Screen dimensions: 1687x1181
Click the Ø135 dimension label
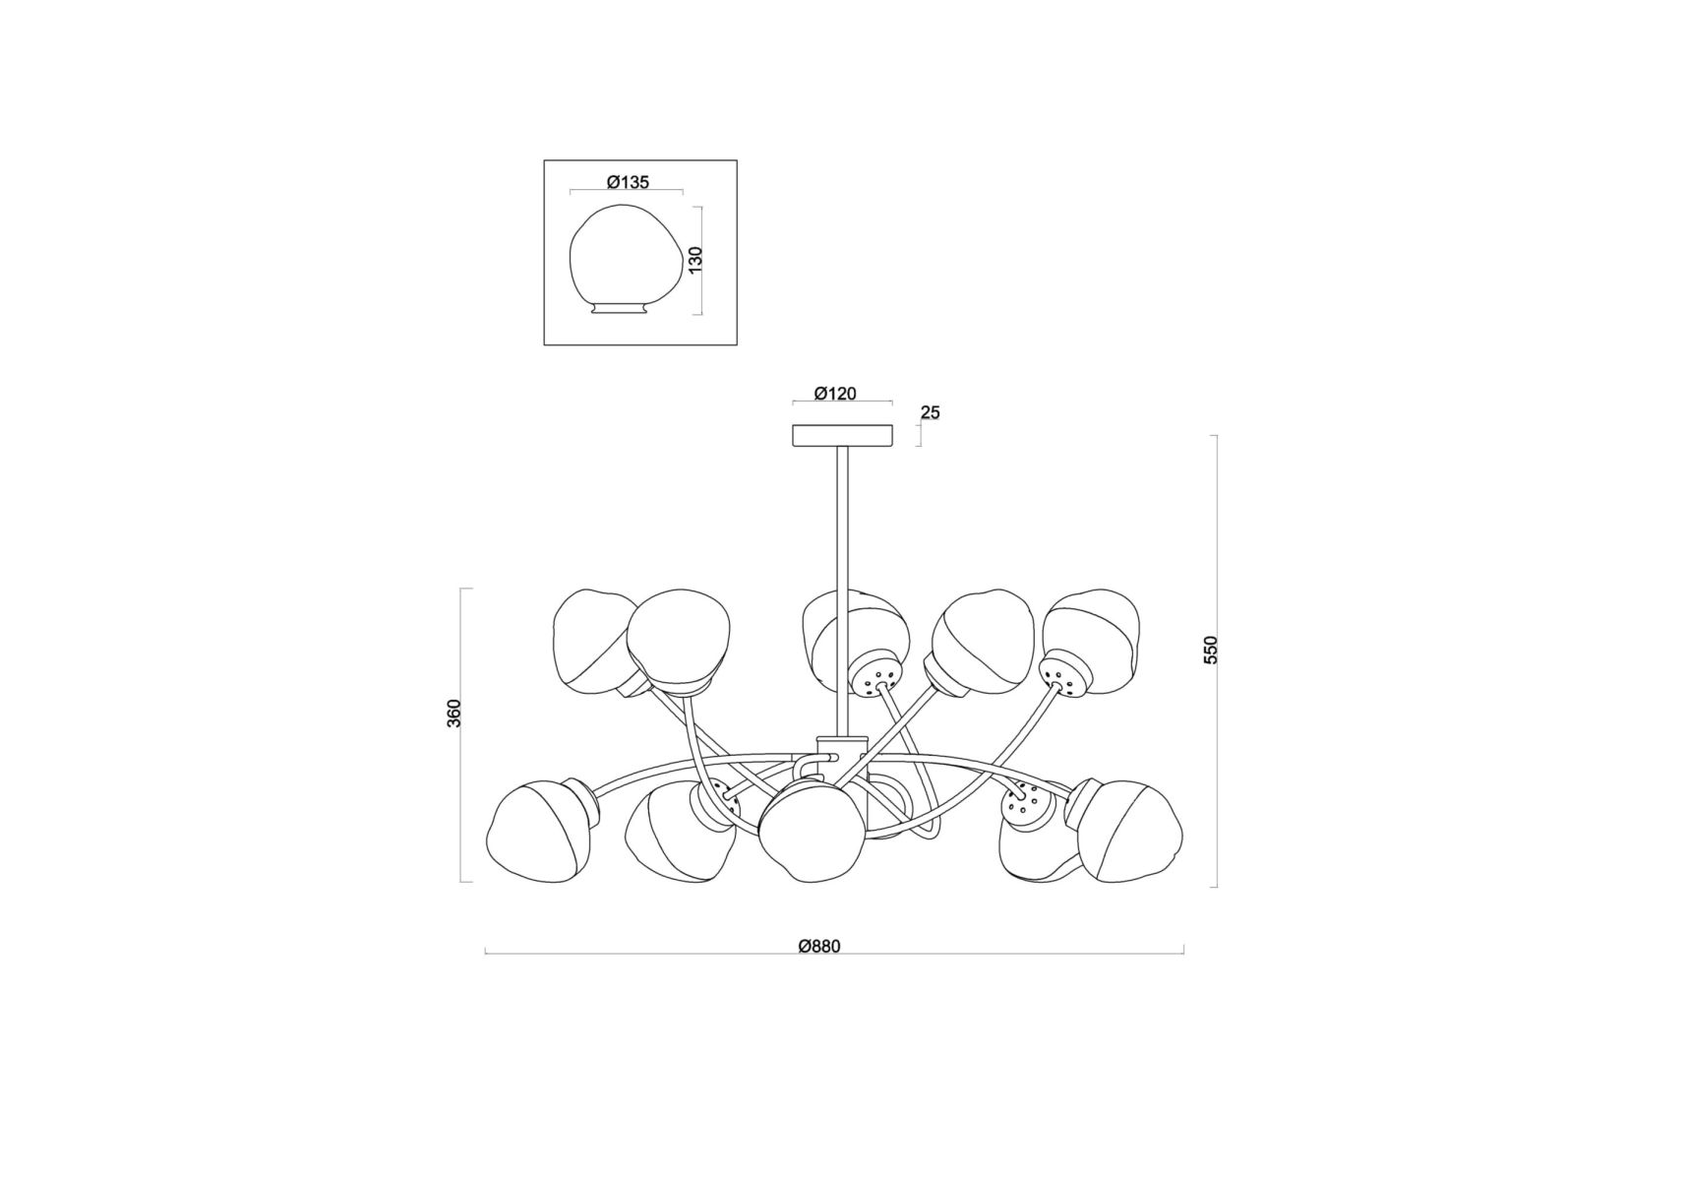[x=628, y=182]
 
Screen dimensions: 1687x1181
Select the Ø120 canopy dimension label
[x=835, y=394]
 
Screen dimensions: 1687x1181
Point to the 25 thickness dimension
[x=930, y=412]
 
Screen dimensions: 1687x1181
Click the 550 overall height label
[x=1211, y=651]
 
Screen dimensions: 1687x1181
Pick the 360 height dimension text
[x=453, y=714]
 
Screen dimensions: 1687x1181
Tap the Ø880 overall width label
[x=819, y=947]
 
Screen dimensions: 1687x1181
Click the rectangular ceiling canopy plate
[x=842, y=435]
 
